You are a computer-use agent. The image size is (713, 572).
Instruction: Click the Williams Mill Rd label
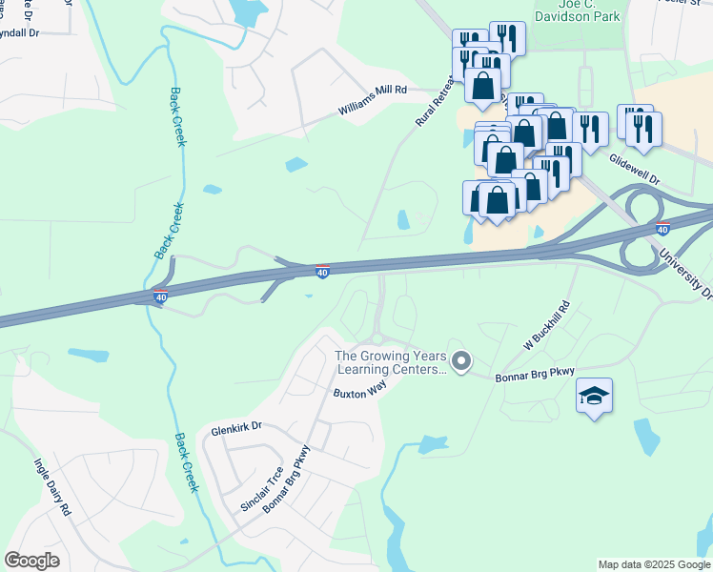click(373, 100)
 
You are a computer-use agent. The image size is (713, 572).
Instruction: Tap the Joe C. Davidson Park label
click(577, 10)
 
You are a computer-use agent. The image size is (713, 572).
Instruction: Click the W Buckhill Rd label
click(545, 327)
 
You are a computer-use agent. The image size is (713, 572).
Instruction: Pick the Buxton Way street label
click(358, 393)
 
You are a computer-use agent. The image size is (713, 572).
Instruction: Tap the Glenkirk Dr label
click(237, 428)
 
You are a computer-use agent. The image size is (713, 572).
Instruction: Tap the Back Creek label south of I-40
click(187, 463)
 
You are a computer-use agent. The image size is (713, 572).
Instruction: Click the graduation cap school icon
click(594, 397)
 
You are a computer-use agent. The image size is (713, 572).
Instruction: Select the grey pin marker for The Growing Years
click(461, 360)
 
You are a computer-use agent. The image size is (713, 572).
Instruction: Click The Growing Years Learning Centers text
click(389, 362)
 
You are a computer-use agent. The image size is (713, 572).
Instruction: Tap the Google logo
click(32, 561)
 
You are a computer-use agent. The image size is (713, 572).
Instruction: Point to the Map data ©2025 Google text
click(654, 564)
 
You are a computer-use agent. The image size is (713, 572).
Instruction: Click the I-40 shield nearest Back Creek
click(161, 298)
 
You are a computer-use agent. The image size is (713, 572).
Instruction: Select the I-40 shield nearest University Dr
click(662, 229)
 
